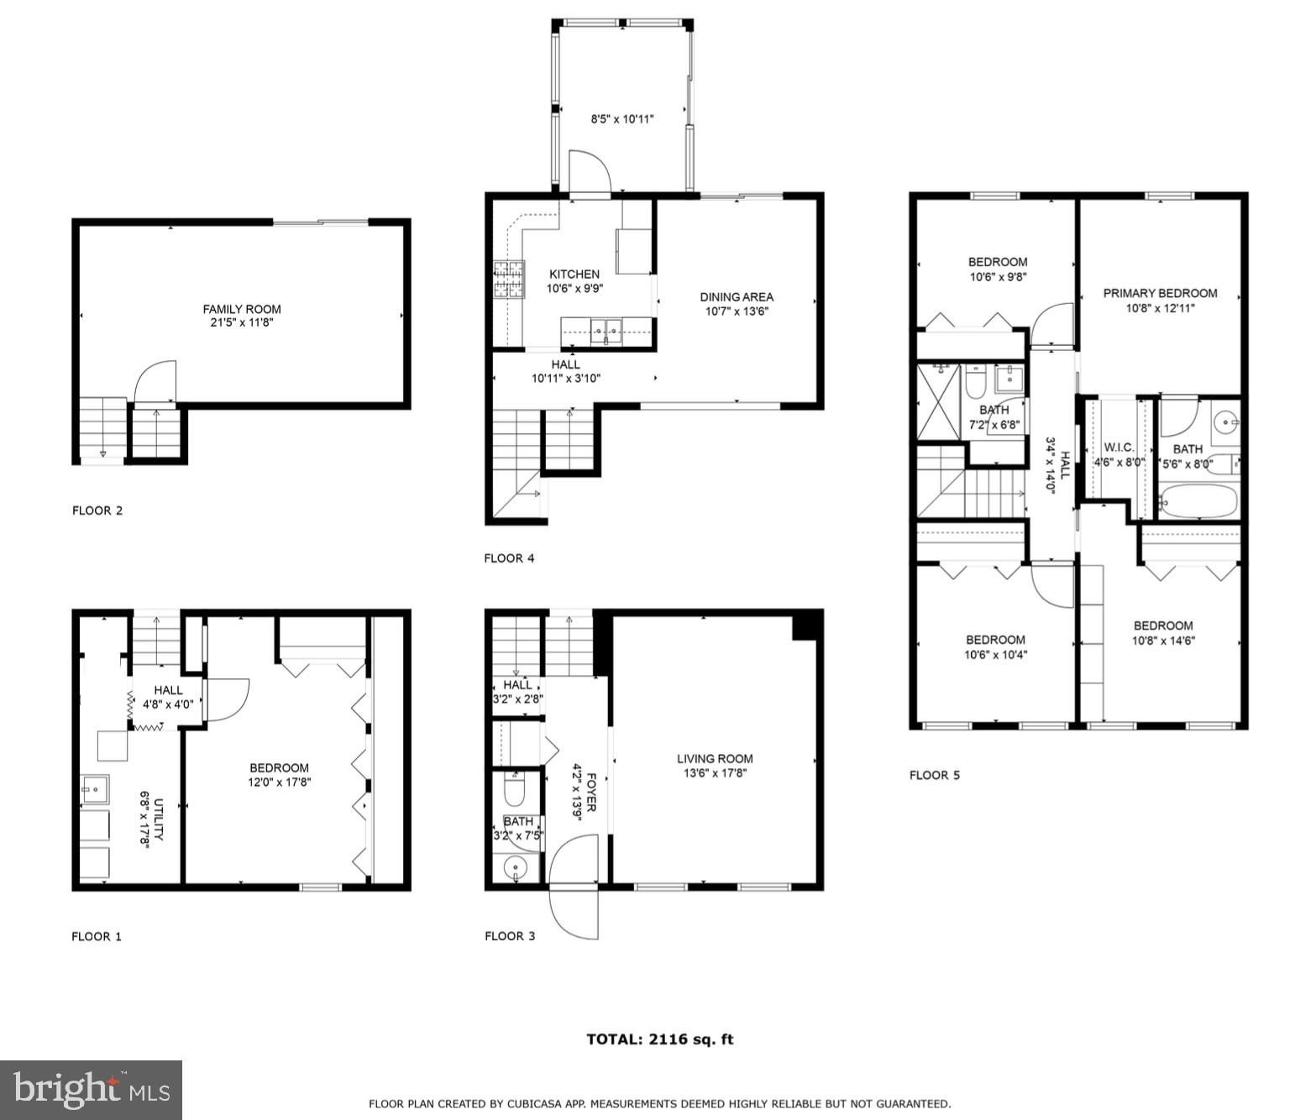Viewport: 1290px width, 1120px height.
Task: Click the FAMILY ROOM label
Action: point(242,309)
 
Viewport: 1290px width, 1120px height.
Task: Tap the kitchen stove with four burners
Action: point(508,280)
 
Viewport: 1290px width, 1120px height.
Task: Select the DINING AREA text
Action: point(737,296)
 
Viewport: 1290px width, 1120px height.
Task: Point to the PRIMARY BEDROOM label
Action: point(1160,293)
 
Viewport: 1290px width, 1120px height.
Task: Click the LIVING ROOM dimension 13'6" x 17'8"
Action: point(715,773)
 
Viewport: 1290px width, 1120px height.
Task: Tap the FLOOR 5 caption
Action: point(934,775)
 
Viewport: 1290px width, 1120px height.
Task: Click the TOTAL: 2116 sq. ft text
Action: point(659,1039)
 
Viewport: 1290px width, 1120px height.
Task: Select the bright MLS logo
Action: point(91,1090)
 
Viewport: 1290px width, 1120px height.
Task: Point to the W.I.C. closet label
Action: point(1119,447)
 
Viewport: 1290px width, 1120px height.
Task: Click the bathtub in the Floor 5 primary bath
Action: point(1198,501)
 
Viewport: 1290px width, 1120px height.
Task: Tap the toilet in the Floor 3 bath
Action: point(514,789)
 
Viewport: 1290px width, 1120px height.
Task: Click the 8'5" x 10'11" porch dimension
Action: point(622,119)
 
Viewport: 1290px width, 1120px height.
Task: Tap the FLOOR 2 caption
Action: point(97,510)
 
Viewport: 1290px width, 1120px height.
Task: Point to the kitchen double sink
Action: point(606,331)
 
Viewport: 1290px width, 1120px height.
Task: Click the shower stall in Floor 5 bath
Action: point(938,401)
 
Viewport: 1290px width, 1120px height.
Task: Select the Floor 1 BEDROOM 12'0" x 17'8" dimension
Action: point(279,782)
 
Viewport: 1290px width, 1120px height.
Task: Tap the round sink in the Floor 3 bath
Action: point(515,867)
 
